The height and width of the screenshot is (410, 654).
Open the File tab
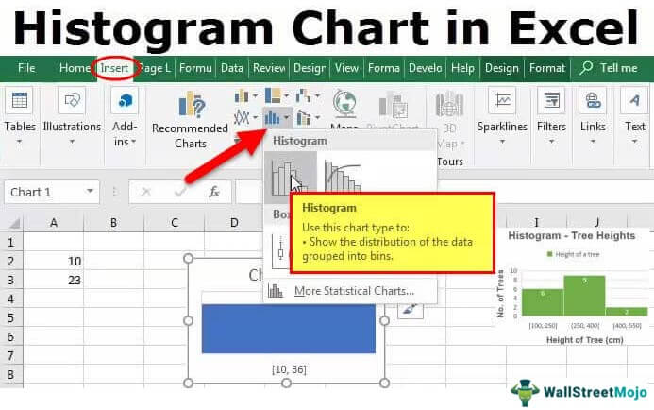(26, 68)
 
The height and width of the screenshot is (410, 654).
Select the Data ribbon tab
(231, 68)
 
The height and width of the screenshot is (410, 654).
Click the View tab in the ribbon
(346, 68)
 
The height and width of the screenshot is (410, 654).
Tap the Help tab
(462, 68)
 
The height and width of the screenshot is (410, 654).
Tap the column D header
(234, 223)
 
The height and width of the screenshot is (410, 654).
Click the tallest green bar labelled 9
(584, 296)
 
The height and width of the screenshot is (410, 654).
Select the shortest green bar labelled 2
(627, 311)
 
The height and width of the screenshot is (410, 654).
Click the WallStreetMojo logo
(574, 392)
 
